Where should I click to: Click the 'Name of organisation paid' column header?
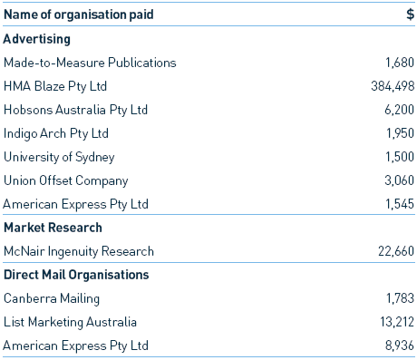coord(78,15)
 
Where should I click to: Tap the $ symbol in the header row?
coord(410,15)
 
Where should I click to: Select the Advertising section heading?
coord(37,39)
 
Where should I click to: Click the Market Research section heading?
coord(53,228)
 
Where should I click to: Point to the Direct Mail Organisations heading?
coord(75,275)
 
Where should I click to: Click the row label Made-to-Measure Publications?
coord(90,63)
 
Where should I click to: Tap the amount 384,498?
coord(389,86)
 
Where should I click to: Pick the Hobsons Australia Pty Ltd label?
coord(75,110)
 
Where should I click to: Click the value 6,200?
coord(398,110)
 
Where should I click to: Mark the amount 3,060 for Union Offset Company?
coord(398,180)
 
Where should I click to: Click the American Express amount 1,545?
coord(398,204)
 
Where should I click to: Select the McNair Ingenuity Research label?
coord(79,251)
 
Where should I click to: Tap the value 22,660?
coord(394,251)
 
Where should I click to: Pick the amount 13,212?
coord(394,322)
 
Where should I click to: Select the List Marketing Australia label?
coord(70,322)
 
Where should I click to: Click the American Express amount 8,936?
coord(398,345)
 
